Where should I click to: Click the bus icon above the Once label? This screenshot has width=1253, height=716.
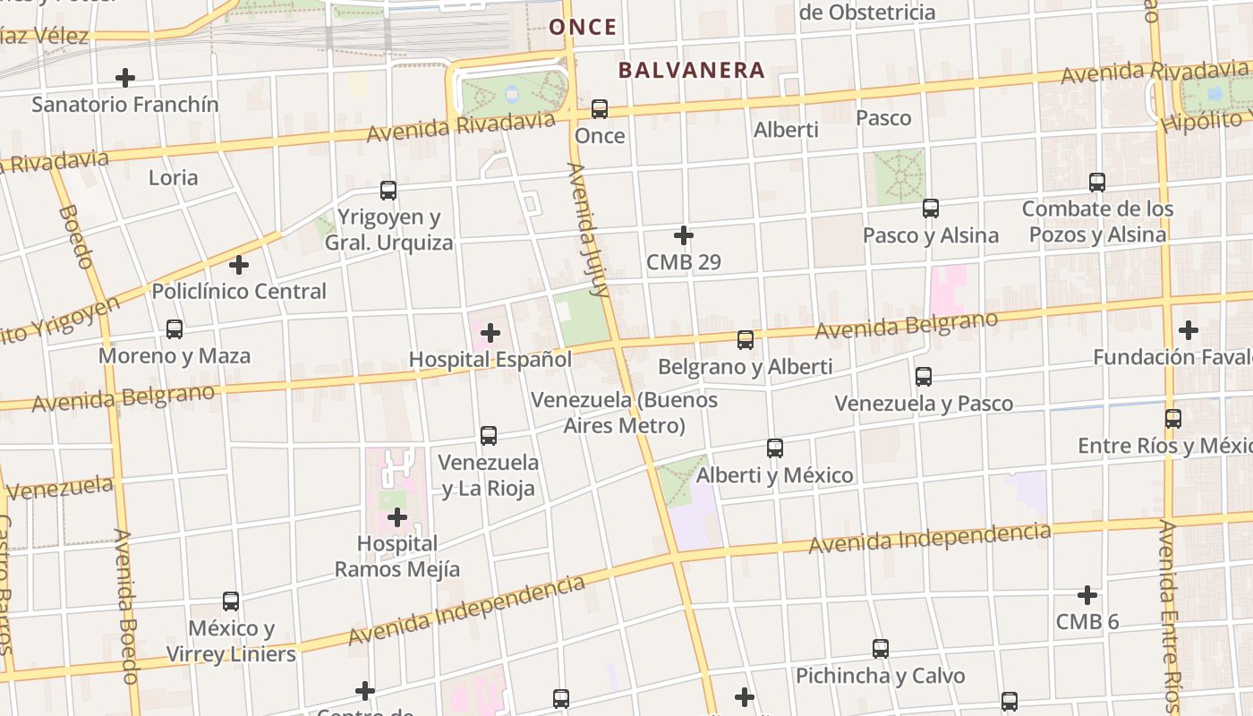tap(600, 109)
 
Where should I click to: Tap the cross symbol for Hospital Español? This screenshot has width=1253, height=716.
tap(490, 333)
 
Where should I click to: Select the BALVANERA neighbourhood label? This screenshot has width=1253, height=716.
tap(692, 70)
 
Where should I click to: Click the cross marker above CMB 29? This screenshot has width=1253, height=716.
tap(684, 235)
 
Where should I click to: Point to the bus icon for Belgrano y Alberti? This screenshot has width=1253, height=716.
tap(746, 340)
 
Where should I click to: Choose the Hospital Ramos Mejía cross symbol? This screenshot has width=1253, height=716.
tap(397, 517)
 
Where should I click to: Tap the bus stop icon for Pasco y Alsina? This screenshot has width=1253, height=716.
tap(931, 209)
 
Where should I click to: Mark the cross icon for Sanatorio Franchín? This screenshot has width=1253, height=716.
tap(125, 78)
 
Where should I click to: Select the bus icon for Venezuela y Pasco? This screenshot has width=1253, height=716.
tap(924, 377)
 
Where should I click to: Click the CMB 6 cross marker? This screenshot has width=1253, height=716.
tap(1087, 595)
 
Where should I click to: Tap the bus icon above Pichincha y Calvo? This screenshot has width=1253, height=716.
tap(881, 649)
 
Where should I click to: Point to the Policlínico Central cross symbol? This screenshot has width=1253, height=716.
tap(239, 265)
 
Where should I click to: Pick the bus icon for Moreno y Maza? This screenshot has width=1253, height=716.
tap(175, 329)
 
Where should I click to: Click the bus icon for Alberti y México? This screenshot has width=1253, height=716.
tap(775, 448)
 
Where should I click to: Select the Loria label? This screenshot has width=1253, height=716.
tap(173, 177)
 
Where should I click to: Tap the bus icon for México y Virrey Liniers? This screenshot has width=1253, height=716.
tap(231, 601)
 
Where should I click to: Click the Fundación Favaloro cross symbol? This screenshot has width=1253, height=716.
tap(1189, 330)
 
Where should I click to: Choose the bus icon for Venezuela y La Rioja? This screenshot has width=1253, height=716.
tap(489, 436)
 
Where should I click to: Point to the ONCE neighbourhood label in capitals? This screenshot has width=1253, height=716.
tap(583, 27)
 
